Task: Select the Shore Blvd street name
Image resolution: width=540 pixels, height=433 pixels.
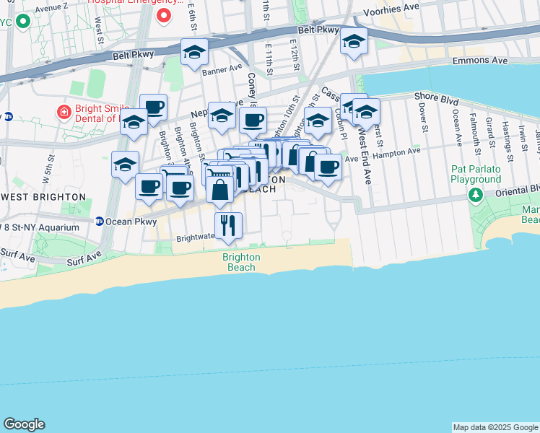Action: click(435, 95)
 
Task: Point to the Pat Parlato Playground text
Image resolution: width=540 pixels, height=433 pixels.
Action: click(476, 173)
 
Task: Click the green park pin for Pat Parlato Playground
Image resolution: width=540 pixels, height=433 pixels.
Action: click(476, 195)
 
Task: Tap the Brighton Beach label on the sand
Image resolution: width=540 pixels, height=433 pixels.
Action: click(240, 262)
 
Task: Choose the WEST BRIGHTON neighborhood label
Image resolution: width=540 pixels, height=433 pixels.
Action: click(43, 196)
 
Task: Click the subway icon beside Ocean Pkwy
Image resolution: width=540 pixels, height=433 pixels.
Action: click(99, 222)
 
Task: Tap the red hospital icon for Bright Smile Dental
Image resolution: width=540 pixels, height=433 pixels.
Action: click(64, 113)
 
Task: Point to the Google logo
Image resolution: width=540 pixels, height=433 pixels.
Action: click(24, 424)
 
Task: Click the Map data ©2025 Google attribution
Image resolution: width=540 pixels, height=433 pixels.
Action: click(495, 427)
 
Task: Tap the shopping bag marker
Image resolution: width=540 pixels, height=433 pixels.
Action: click(219, 191)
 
